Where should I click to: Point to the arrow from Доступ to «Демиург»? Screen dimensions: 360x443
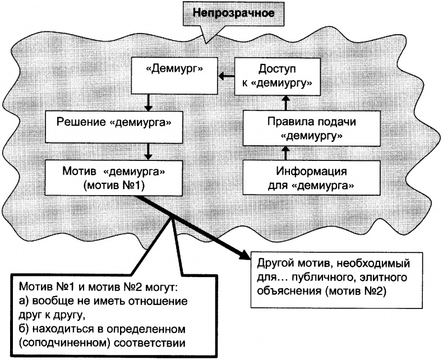coord(225,76)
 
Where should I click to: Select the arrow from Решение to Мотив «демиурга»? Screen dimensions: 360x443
coord(147,150)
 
